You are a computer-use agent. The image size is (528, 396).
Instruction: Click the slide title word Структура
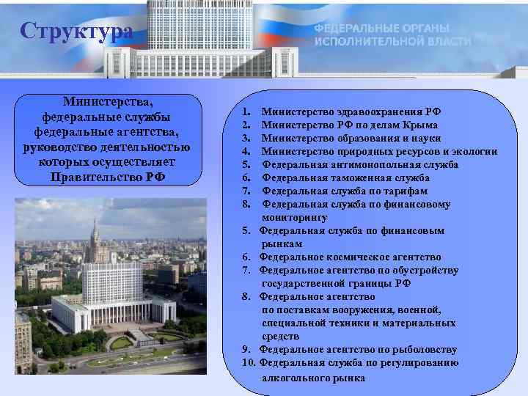click(x=77, y=32)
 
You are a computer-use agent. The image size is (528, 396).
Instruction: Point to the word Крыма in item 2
click(x=417, y=125)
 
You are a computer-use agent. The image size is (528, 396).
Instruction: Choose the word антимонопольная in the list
click(x=367, y=165)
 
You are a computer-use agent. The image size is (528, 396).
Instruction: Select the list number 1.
click(x=246, y=112)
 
